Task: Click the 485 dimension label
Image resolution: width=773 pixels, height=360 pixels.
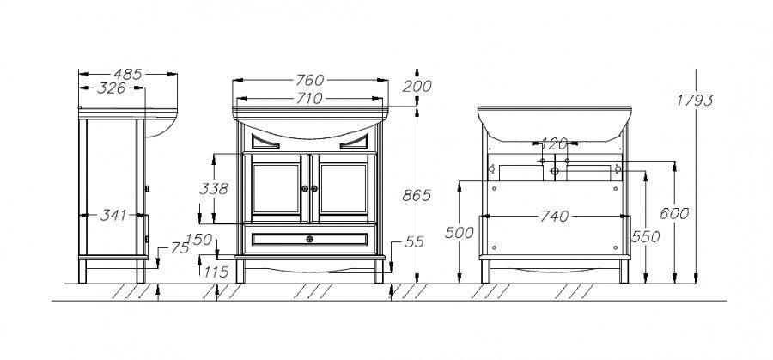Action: point(128,75)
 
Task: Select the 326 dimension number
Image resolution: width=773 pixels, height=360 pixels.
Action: point(112,88)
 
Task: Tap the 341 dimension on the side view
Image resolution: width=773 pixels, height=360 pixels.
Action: point(113,215)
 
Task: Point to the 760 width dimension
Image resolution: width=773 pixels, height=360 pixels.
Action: point(310,80)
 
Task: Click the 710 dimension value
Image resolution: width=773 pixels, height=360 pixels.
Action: point(309,99)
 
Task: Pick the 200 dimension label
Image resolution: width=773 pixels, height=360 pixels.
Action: point(417,86)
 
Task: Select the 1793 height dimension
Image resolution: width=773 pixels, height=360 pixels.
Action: point(695,101)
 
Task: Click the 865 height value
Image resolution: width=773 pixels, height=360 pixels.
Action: point(417,196)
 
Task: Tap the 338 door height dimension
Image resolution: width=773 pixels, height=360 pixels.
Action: point(214,189)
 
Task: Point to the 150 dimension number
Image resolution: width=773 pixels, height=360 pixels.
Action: point(199,240)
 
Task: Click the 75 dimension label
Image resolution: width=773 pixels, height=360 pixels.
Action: point(180,248)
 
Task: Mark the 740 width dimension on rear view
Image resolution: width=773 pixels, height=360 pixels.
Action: point(555,216)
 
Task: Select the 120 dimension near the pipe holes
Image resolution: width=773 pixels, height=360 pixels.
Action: point(555,144)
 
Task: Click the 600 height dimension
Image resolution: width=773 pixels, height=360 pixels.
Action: point(674,214)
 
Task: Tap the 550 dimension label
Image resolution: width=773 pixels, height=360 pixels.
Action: point(645,237)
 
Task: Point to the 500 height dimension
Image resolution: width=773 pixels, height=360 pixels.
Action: point(459,233)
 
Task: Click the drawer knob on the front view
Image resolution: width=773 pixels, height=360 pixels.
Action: point(309,239)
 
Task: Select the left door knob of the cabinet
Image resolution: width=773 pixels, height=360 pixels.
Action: point(305,188)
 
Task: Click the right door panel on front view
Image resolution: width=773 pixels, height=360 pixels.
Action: point(343,188)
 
